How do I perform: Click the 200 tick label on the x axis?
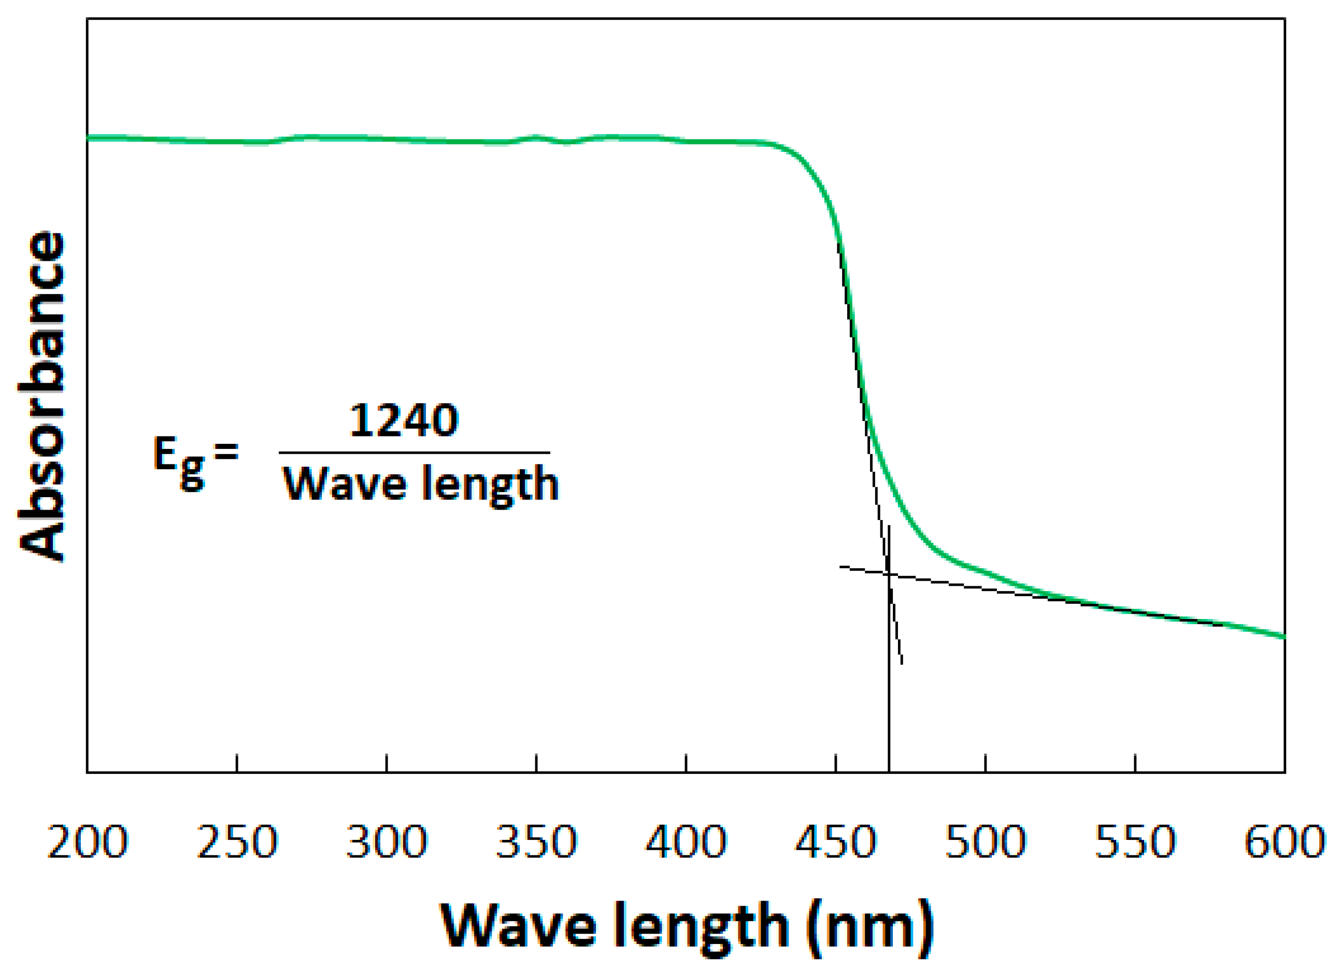pyautogui.click(x=88, y=841)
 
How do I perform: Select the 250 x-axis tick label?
pyautogui.click(x=237, y=841)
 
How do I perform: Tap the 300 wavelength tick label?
pyautogui.click(x=387, y=841)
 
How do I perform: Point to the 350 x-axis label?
pyautogui.click(x=536, y=841)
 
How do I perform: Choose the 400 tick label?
pyautogui.click(x=686, y=841)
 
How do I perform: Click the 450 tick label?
pyautogui.click(x=835, y=841)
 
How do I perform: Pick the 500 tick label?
pyautogui.click(x=985, y=841)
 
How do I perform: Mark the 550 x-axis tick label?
pyautogui.click(x=1135, y=841)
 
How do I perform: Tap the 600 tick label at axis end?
pyautogui.click(x=1285, y=841)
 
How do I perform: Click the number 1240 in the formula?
pyautogui.click(x=404, y=421)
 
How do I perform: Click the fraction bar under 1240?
pyautogui.click(x=414, y=453)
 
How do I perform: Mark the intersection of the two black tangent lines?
pyautogui.click(x=889, y=573)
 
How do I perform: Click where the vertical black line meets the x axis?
pyautogui.click(x=889, y=772)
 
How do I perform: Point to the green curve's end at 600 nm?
pyautogui.click(x=1284, y=637)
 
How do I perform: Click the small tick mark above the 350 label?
pyautogui.click(x=536, y=763)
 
